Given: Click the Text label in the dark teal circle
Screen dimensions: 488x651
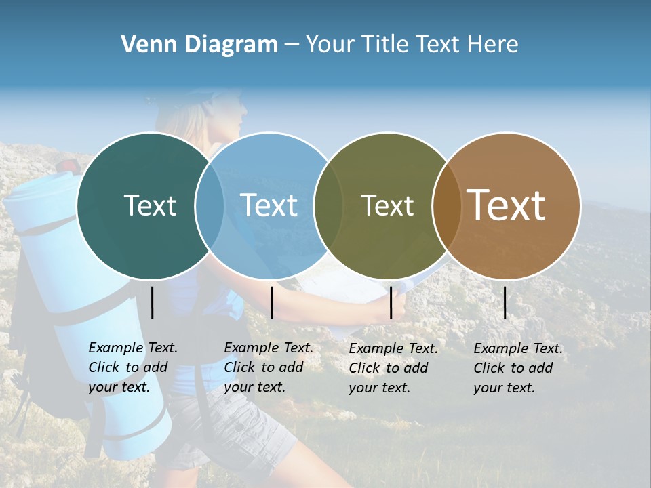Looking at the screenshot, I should (x=150, y=205).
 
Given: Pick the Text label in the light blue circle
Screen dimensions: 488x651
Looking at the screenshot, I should (x=269, y=205).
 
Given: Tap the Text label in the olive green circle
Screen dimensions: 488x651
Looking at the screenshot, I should (x=387, y=205).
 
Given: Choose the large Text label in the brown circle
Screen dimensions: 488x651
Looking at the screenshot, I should (x=507, y=205).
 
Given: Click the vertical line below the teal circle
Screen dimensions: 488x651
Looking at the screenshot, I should (x=153, y=302).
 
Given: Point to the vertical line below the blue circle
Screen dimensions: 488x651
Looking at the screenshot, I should (x=271, y=302).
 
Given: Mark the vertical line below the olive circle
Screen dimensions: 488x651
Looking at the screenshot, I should (x=391, y=302).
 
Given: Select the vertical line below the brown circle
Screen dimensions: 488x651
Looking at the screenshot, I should (x=505, y=302).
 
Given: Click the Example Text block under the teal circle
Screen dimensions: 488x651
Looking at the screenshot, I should (x=133, y=367).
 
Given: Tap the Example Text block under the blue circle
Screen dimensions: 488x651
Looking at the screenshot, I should (x=269, y=367).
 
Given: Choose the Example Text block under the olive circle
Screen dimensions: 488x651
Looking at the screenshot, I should (x=393, y=368).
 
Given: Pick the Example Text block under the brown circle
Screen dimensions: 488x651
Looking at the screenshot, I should (x=518, y=368).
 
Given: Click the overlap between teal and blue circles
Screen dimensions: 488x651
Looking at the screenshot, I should (x=210, y=205).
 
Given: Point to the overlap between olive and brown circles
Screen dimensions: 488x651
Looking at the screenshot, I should (x=444, y=206).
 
